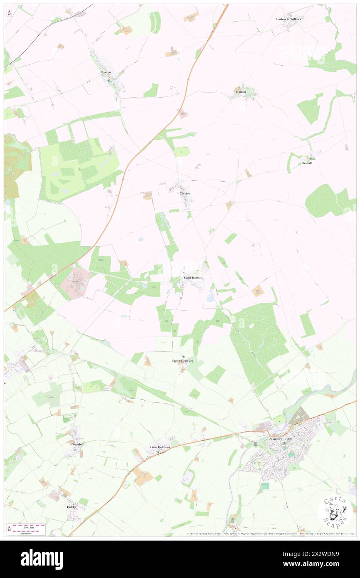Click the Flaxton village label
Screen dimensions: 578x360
click(x=106, y=72)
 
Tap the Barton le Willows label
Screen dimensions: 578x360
click(x=288, y=19)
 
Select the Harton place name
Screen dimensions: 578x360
click(x=241, y=91)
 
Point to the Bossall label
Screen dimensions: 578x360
click(x=307, y=163)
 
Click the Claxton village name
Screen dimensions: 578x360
click(x=185, y=193)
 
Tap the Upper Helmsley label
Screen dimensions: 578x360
click(x=182, y=361)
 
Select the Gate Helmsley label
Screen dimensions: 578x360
click(x=160, y=447)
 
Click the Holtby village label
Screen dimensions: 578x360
click(x=72, y=507)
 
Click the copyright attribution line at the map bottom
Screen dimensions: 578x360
click(x=270, y=534)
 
